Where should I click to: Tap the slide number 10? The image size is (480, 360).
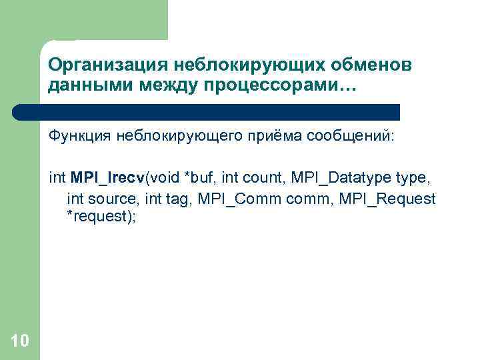click(20, 341)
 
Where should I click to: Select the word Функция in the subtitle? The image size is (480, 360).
click(80, 137)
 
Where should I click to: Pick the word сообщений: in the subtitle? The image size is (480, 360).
click(351, 137)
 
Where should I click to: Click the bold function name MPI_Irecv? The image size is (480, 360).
click(107, 178)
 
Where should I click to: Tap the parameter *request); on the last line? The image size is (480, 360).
click(101, 218)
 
